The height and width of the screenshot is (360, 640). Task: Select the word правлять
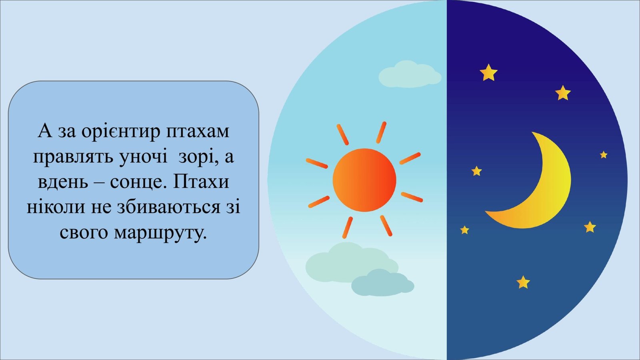[73, 157]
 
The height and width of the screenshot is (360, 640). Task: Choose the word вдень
[63, 182]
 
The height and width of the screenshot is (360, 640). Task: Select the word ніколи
[56, 206]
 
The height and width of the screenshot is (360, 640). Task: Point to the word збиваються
[168, 206]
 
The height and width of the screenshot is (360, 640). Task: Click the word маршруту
[160, 233]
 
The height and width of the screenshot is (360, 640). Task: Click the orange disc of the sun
[364, 180]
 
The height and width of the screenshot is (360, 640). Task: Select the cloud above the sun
[410, 75]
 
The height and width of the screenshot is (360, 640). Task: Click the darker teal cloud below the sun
[382, 283]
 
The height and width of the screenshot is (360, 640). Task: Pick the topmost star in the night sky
[488, 72]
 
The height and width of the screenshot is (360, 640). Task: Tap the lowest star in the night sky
[523, 282]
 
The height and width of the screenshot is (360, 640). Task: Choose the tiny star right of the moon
[604, 155]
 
